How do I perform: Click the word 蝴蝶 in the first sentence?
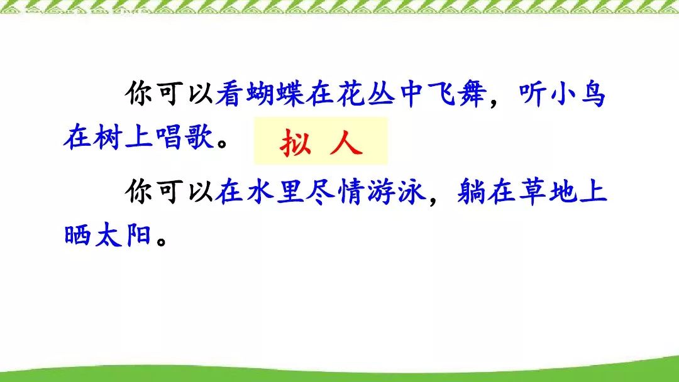point(275,94)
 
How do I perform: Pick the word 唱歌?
point(184,137)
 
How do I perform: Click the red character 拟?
point(295,143)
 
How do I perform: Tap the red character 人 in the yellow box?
point(346,143)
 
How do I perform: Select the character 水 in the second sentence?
point(260,191)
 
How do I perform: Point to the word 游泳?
point(396,191)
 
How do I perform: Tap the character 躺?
point(471,191)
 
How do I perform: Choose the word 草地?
point(548,191)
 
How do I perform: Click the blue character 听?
point(533,94)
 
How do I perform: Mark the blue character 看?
point(229,94)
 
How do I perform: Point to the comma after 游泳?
point(434,200)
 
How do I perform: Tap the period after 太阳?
point(162,241)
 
